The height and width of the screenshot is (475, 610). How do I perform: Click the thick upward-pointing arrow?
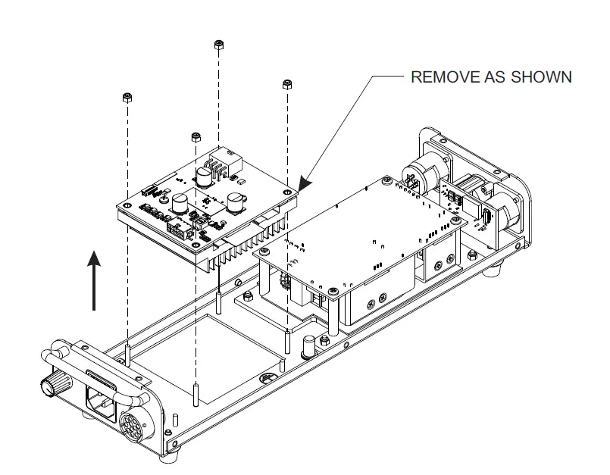tap(93, 281)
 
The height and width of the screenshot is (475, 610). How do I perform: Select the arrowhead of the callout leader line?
tap(304, 184)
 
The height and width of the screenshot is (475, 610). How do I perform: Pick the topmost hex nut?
tap(218, 45)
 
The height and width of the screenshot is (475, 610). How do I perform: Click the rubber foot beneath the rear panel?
tap(497, 267)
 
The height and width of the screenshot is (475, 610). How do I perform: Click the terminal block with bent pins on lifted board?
tap(219, 167)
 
